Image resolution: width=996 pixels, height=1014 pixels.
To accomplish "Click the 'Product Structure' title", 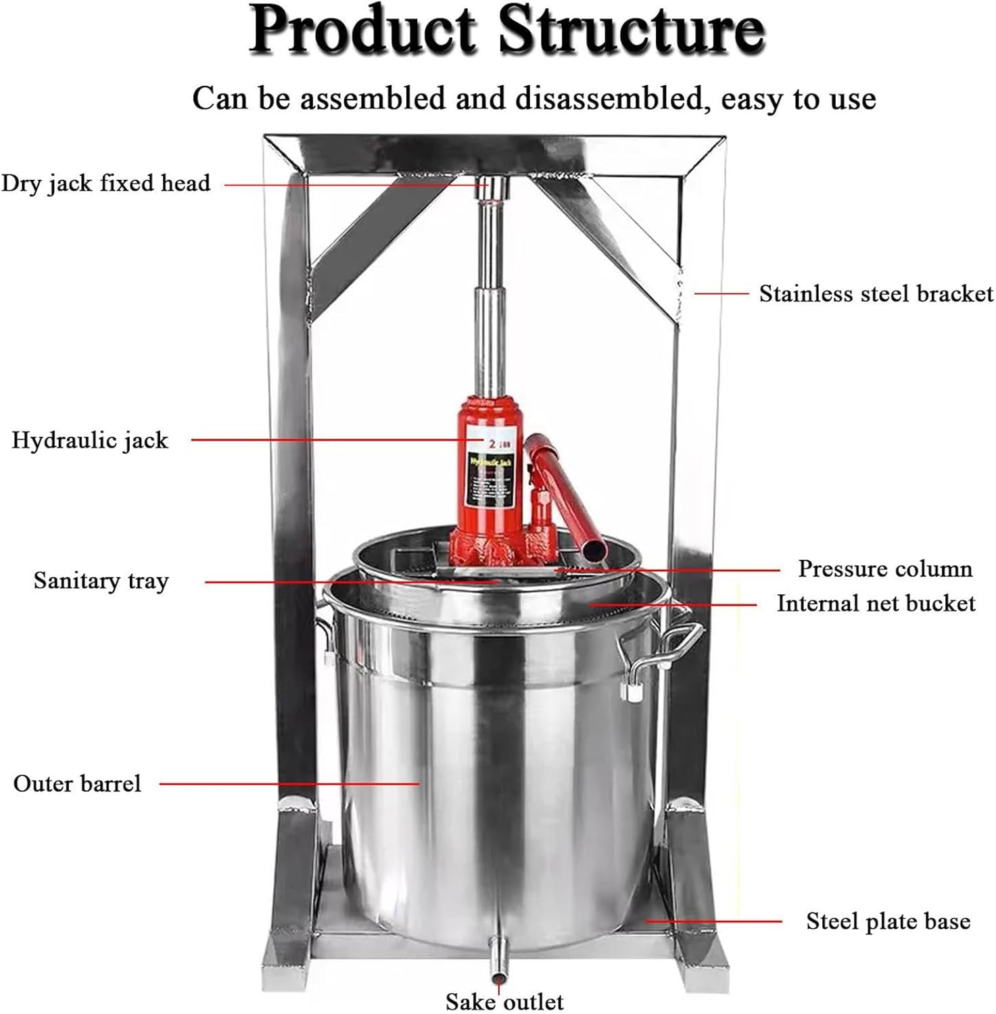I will (507, 31).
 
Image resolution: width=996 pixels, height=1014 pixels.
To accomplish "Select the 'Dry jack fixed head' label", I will (105, 183).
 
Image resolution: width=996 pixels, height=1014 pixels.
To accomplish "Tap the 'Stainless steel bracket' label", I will (876, 294).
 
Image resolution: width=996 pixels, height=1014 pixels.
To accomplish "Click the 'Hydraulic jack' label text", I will (90, 440).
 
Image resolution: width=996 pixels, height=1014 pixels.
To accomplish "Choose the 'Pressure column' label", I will (884, 569).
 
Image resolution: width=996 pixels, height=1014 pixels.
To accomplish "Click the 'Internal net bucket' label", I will (876, 603).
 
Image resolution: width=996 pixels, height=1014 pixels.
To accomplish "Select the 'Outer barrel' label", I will (77, 783).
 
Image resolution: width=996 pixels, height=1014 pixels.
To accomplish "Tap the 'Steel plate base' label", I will (888, 921).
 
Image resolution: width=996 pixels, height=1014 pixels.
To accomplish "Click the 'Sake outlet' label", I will (504, 1000).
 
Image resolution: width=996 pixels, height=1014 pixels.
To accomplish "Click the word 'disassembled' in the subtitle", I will (609, 99).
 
